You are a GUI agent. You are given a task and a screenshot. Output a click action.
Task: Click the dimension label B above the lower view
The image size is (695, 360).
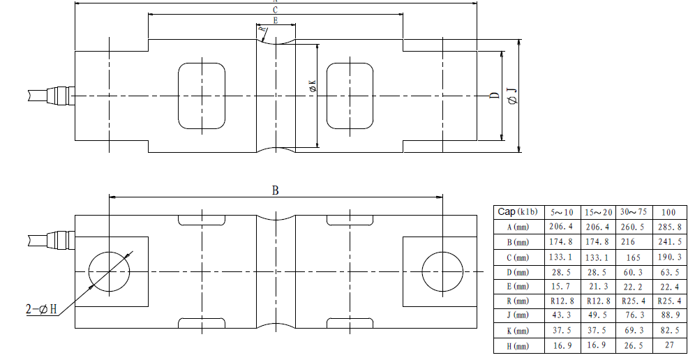coord(275,190)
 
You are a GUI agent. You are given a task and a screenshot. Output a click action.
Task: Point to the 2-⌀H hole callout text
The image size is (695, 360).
coord(41,309)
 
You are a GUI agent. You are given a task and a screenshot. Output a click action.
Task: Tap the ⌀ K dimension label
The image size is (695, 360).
coord(313,86)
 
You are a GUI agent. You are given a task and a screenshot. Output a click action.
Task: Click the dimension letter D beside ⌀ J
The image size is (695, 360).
coord(495,96)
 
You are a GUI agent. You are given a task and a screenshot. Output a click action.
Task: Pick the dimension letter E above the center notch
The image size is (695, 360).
coord(276,20)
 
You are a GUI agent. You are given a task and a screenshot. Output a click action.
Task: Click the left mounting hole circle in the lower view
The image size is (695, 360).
coord(109,251)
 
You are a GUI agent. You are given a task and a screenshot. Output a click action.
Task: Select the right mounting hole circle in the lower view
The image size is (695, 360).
coord(442,251)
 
